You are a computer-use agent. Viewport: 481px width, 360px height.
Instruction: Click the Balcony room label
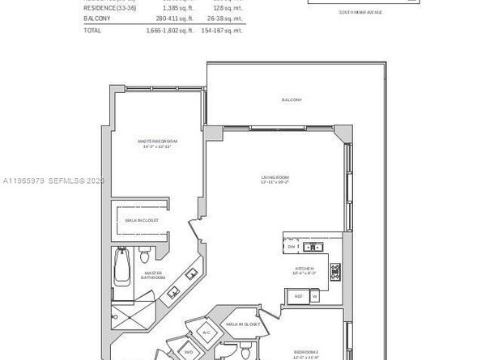[x=292, y=100]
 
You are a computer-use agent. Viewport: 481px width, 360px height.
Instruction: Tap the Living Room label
[x=275, y=179]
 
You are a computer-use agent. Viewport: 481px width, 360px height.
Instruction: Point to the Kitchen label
[x=304, y=269]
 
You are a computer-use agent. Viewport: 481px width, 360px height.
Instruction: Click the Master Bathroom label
[x=153, y=275]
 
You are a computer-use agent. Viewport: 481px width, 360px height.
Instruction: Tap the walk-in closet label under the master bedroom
[x=141, y=220]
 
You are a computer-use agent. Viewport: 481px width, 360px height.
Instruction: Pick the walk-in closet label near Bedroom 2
[x=243, y=324]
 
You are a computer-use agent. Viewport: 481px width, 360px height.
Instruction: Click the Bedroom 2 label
[x=306, y=354]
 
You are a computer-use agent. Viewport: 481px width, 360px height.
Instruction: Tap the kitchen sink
[x=310, y=247]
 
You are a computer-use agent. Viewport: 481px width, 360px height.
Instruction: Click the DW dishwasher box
[x=292, y=247]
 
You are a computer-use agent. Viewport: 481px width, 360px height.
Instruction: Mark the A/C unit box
[x=206, y=332]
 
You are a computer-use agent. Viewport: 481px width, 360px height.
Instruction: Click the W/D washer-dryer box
[x=189, y=353]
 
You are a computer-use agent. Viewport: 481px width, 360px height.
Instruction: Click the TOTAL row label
[x=92, y=30]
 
